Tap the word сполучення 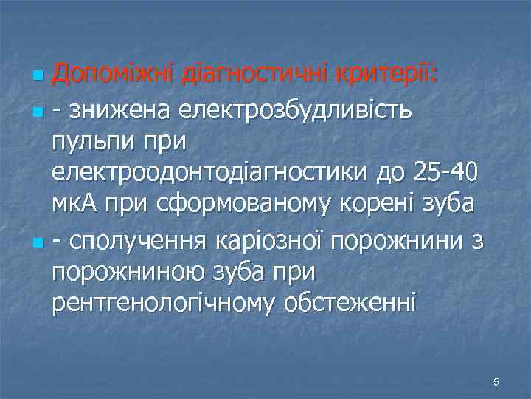[x=138, y=239]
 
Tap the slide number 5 [x=496, y=381]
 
